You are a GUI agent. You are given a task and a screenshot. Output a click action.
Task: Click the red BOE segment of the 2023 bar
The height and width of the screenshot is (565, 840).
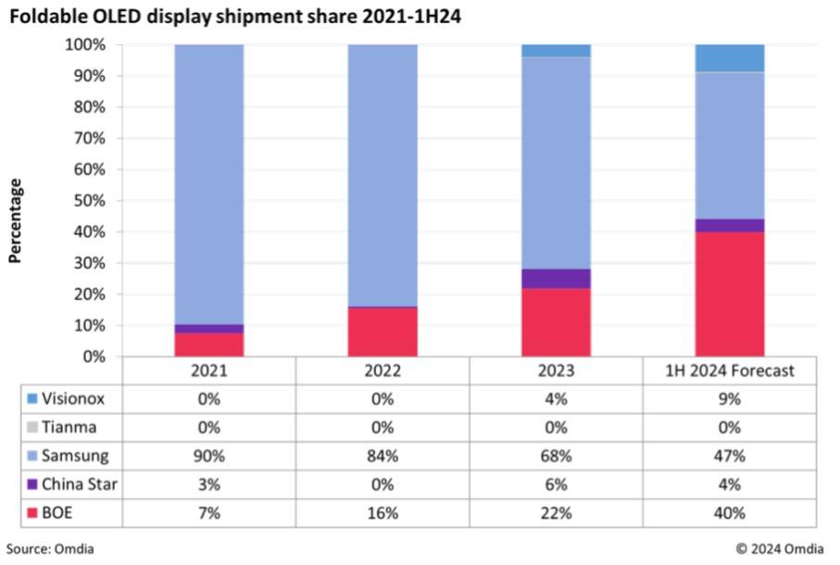[x=556, y=322]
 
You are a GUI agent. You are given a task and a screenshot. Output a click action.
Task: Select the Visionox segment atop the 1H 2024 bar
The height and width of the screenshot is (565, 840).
[x=729, y=58]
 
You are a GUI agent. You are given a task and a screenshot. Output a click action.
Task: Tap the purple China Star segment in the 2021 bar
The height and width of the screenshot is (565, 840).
[x=209, y=329]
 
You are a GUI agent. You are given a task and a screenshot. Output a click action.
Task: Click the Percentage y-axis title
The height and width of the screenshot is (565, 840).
[x=16, y=220]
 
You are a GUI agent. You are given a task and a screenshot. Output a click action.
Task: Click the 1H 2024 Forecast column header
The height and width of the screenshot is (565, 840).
[x=729, y=370]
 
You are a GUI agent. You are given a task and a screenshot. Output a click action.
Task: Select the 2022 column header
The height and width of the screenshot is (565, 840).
[x=382, y=370]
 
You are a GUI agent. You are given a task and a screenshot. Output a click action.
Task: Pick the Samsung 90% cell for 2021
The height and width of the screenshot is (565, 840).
[x=209, y=456]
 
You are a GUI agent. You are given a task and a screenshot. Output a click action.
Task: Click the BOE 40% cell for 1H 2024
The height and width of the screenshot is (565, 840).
[x=729, y=513]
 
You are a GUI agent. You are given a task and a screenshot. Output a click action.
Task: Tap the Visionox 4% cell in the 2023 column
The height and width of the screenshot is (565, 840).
[x=556, y=398]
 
